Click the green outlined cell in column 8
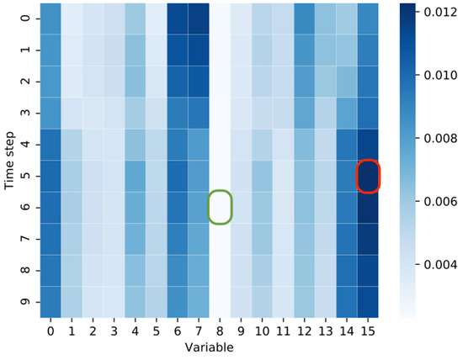coord(220,208)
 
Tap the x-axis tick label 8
coord(220,331)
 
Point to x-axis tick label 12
coord(305,331)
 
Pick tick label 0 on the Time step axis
coord(29,19)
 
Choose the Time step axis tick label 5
coord(29,177)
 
